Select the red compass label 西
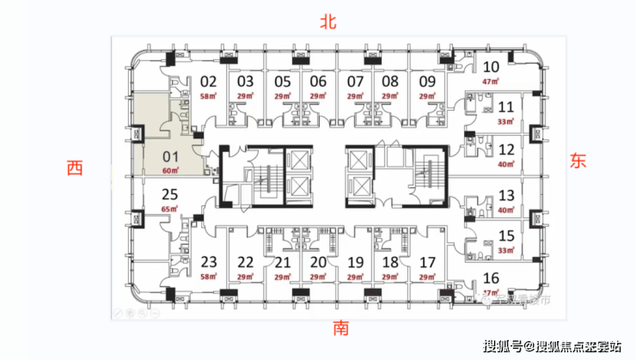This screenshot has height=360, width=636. (x=76, y=168)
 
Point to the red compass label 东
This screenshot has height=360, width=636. (x=576, y=160)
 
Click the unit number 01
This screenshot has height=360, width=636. (x=169, y=157)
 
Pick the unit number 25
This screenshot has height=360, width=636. (x=169, y=193)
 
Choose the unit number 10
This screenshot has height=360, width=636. (x=492, y=67)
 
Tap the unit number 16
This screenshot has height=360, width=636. (x=492, y=277)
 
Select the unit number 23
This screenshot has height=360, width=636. (x=208, y=262)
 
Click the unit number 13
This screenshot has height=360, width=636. (x=506, y=195)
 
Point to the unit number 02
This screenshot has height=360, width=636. (x=208, y=82)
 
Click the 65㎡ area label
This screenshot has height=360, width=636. (x=169, y=209)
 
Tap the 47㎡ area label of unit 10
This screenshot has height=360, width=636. (x=492, y=82)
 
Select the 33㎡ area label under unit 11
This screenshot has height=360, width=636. (x=505, y=123)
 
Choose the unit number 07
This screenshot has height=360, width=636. (x=355, y=82)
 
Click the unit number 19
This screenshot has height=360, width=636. (x=355, y=262)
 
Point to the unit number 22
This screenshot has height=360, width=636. (x=246, y=262)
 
